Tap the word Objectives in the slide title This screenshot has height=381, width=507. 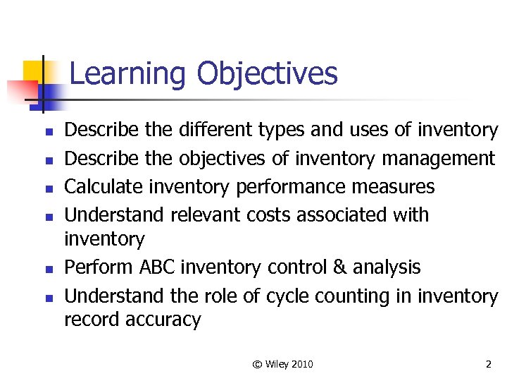(267, 74)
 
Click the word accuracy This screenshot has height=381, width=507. (163, 320)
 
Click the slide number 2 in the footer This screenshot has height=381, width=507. (488, 364)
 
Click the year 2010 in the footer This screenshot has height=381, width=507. (301, 364)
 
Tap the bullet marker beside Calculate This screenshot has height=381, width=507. (48, 188)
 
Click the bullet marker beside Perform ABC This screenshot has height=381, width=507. (48, 269)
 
